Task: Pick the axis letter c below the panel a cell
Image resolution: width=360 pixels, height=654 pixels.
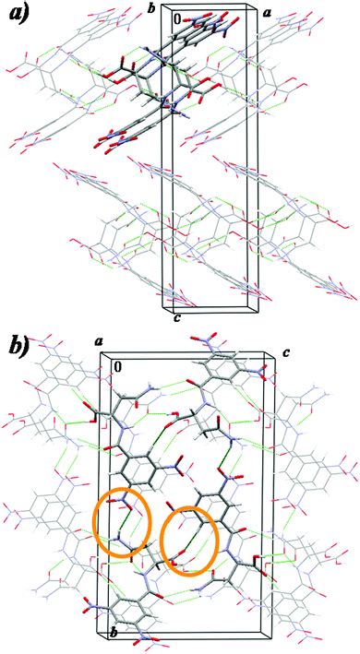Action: pos(175,319)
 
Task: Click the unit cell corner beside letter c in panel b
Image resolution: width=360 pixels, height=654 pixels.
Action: pos(274,351)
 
